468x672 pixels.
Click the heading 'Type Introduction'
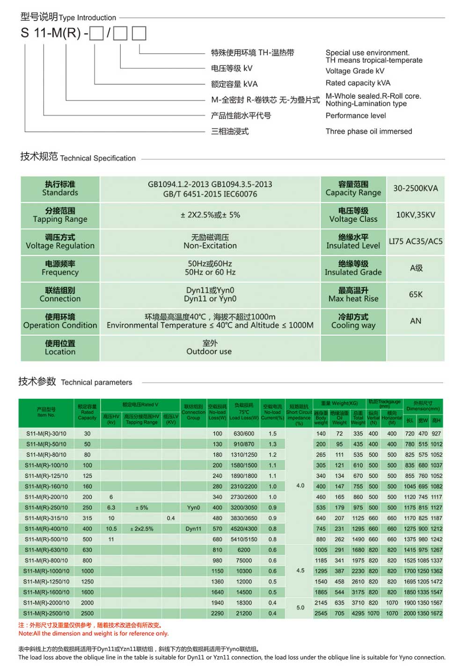[87, 18]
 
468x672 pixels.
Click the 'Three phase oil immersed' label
[369, 131]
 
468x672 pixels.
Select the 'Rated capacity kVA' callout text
[358, 83]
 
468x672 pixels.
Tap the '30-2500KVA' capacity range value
[416, 189]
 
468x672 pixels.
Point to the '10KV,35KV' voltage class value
[416, 215]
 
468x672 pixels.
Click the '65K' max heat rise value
[416, 294]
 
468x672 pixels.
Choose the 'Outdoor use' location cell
[209, 351]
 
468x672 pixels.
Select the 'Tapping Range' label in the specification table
[60, 219]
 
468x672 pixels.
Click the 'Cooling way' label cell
[353, 325]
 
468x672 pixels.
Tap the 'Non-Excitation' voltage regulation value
[210, 246]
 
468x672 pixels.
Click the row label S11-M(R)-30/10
[46, 434]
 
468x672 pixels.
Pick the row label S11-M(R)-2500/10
[46, 613]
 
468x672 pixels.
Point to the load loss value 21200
[244, 613]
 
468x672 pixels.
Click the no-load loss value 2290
[217, 613]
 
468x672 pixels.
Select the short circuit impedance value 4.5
[300, 571]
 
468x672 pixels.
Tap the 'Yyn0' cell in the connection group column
[193, 508]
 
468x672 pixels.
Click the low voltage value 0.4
[171, 518]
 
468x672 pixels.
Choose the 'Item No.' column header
[46, 415]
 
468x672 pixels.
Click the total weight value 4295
[358, 613]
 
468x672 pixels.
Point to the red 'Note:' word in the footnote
[26, 634]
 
